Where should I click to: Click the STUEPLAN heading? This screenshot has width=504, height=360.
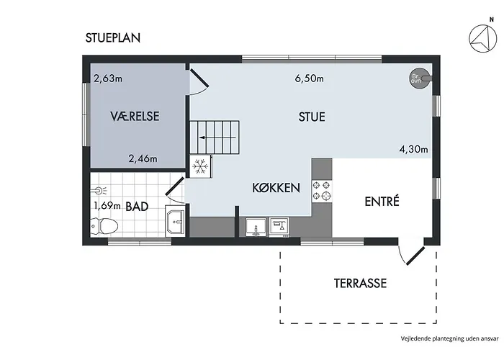(x=113, y=38)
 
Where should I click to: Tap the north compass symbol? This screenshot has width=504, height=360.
(x=483, y=38)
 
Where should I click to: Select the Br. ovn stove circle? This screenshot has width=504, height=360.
(x=419, y=78)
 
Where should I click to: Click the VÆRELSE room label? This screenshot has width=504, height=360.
(x=135, y=116)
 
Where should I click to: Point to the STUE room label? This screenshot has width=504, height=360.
(x=312, y=117)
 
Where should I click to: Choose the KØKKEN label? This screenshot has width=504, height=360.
(x=276, y=188)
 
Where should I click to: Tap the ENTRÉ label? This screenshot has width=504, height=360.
(x=382, y=201)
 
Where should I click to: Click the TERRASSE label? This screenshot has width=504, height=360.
(x=360, y=283)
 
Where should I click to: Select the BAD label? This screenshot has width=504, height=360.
(x=137, y=207)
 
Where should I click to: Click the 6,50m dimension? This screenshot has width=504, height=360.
(x=309, y=78)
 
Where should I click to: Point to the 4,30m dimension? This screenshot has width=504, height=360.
(x=414, y=149)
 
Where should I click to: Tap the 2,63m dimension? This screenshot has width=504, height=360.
(x=108, y=78)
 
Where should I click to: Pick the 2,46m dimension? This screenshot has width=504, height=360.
(x=143, y=158)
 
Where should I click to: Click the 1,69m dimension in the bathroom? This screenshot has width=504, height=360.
(x=107, y=205)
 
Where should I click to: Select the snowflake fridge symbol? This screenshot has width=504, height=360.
(x=200, y=167)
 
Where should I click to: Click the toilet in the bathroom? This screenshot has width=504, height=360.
(x=104, y=226)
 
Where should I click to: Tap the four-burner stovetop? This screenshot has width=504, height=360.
(x=321, y=190)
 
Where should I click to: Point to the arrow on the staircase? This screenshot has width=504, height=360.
(x=218, y=138)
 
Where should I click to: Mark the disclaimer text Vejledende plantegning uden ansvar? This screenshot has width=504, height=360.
(x=449, y=338)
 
